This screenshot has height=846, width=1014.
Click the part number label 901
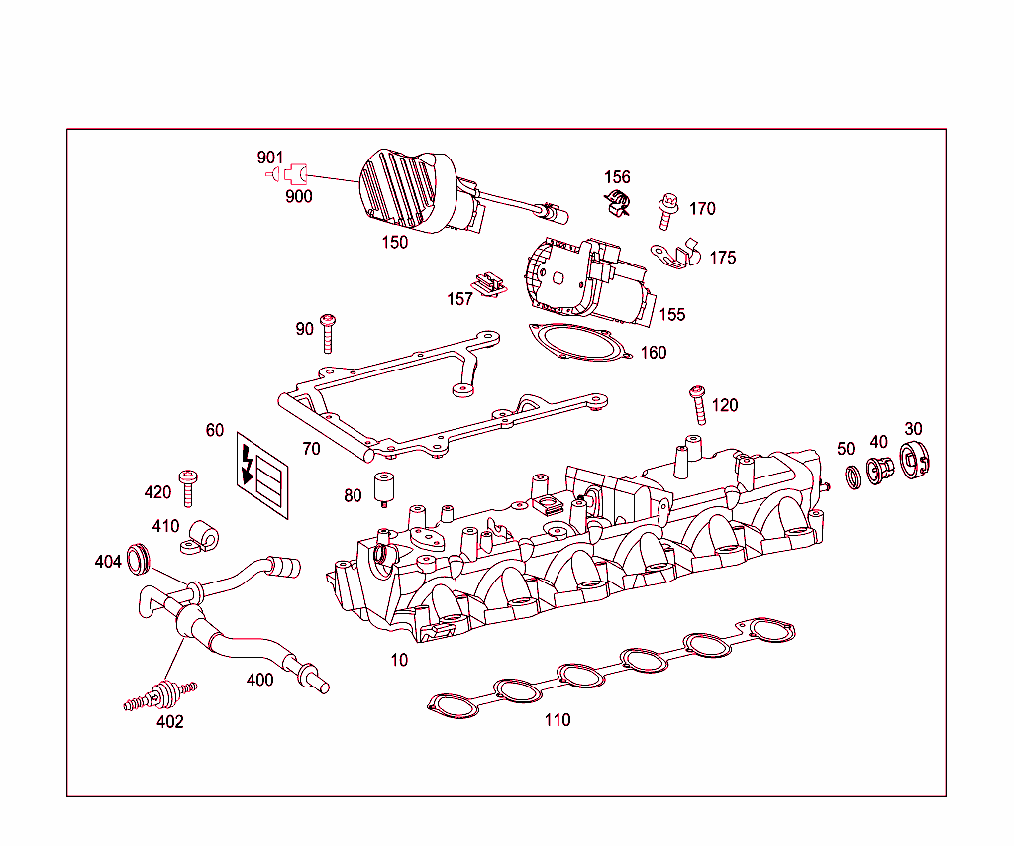[269, 158]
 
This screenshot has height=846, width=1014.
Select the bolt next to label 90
[329, 333]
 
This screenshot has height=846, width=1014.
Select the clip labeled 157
[487, 284]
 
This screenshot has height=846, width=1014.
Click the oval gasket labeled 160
[578, 343]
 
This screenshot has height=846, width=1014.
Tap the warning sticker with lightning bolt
[262, 478]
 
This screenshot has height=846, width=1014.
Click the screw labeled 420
[188, 487]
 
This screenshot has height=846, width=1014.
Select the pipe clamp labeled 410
[199, 535]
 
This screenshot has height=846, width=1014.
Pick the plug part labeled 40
[877, 471]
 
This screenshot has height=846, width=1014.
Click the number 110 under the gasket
[558, 720]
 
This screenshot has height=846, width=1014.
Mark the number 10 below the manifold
[399, 660]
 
